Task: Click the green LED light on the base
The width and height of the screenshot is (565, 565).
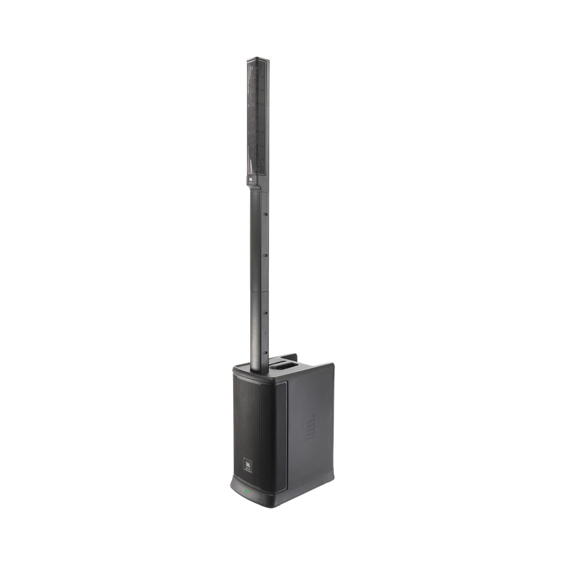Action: tap(246, 489)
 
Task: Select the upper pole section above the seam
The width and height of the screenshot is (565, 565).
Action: tap(257, 243)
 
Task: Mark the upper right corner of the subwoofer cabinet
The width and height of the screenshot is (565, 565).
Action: tap(332, 363)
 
